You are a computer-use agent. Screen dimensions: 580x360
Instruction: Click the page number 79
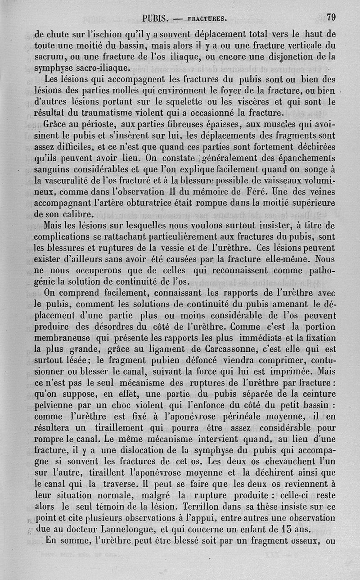tap(331, 18)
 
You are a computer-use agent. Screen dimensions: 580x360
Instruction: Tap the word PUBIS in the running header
tap(155, 19)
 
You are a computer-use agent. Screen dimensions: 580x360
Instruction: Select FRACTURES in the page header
tap(207, 19)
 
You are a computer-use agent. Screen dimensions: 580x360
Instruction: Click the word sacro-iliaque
tap(100, 68)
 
